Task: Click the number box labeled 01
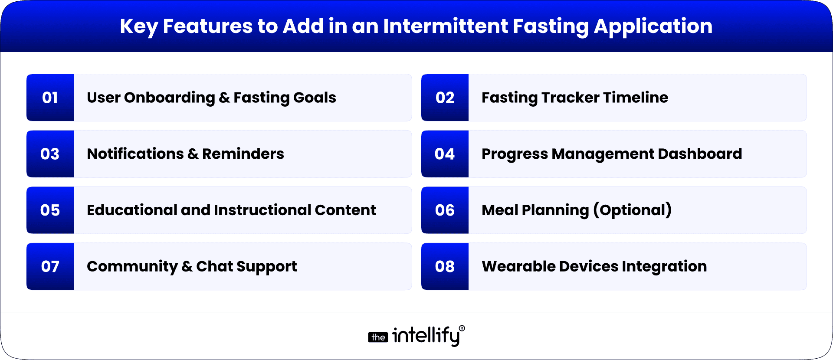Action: coord(50,98)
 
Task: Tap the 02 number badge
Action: coord(445,98)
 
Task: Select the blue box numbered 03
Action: coord(50,154)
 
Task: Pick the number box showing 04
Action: coord(445,154)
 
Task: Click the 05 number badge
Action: coord(50,210)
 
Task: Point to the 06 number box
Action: coord(445,210)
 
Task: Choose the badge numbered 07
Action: coord(50,266)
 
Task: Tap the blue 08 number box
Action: coord(445,266)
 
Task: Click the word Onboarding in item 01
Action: coord(169,98)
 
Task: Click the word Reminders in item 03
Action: coord(243,154)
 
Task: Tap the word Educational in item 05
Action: coord(131,210)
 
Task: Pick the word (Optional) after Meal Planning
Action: coord(632,210)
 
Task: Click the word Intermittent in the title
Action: coord(445,26)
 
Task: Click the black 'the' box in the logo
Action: coord(378,337)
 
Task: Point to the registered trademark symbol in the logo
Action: coord(462,328)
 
